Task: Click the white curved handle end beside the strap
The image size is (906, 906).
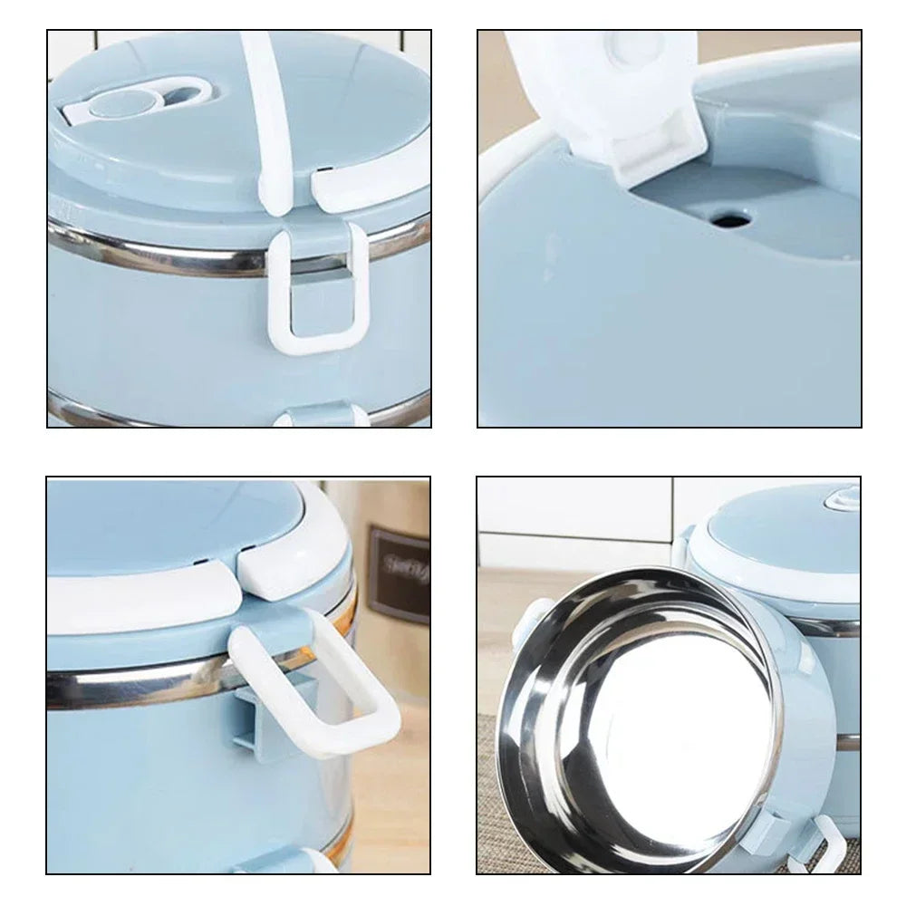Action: tap(362, 182)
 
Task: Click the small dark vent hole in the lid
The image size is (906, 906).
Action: tap(725, 218)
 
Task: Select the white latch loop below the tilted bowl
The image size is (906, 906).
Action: tap(820, 847)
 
